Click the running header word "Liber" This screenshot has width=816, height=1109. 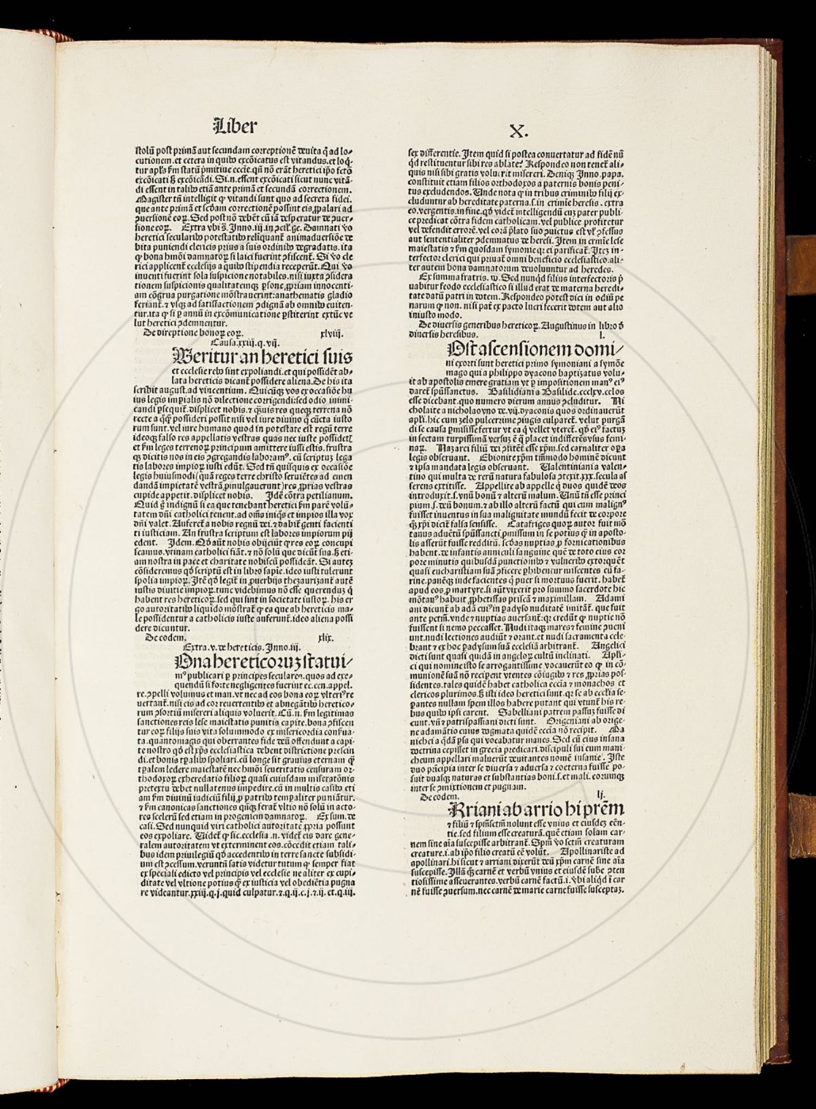click(x=235, y=126)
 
